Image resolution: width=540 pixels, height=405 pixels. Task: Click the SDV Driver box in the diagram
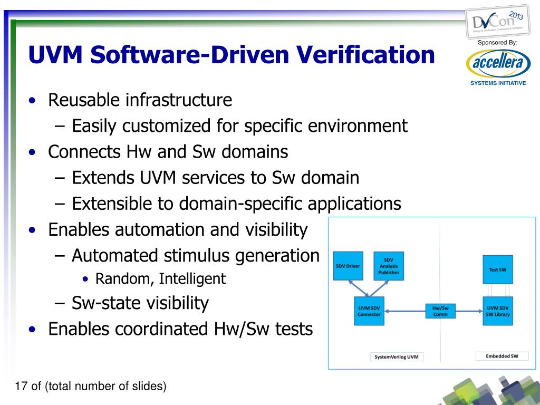point(348,266)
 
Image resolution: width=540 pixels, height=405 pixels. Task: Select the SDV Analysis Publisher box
point(388,266)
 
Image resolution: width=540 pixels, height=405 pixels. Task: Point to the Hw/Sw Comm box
point(440,311)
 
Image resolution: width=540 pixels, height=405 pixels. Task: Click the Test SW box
point(498,269)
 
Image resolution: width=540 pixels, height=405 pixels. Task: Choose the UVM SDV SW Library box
point(498,311)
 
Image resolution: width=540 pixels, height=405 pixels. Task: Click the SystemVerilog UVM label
point(396,357)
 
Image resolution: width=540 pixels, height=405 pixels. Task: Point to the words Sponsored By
point(497,42)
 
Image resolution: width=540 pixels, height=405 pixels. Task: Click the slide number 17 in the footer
point(21,387)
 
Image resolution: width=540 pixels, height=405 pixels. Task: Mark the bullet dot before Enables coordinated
point(33,330)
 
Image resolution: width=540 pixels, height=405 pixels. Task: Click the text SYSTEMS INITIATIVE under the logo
point(498,83)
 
